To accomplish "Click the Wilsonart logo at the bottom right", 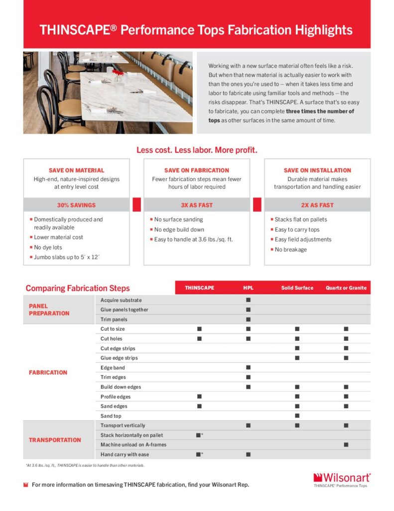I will pyautogui.click(x=342, y=478).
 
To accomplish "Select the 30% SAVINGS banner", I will pyautogui.click(x=76, y=205).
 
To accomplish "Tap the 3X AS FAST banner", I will pyautogui.click(x=197, y=205).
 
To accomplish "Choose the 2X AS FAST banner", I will pyautogui.click(x=317, y=205).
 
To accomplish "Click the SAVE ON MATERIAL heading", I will pyautogui.click(x=76, y=170).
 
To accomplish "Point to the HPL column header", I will pyautogui.click(x=248, y=288).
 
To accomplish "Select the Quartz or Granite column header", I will pyautogui.click(x=346, y=288).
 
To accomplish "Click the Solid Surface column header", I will pyautogui.click(x=297, y=288).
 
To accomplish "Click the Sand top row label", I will pyautogui.click(x=111, y=416).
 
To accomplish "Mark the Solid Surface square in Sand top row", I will pyautogui.click(x=297, y=416).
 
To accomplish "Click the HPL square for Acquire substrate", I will pyautogui.click(x=248, y=300).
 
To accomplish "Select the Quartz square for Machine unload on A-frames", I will pyautogui.click(x=346, y=445).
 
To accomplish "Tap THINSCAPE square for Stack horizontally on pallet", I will pyautogui.click(x=198, y=435).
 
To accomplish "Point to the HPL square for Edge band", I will pyautogui.click(x=248, y=368).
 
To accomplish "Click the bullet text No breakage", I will pyautogui.click(x=290, y=250).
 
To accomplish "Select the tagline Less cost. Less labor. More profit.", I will pyautogui.click(x=197, y=150).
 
